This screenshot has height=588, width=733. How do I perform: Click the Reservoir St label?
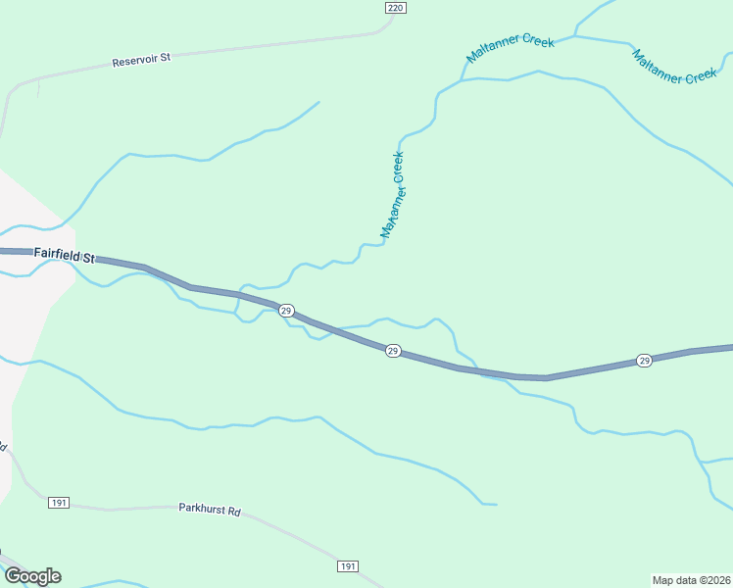[141, 59]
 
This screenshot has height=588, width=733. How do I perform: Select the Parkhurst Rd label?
[210, 510]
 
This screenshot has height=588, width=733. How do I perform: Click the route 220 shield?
[394, 8]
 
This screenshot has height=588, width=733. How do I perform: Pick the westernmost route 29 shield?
[286, 311]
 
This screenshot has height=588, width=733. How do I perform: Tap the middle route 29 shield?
[392, 351]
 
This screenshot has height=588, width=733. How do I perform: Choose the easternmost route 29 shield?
[644, 361]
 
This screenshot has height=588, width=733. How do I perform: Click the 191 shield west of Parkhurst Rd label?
[59, 503]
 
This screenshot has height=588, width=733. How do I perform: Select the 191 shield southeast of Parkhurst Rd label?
[348, 567]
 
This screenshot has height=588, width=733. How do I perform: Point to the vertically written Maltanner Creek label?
[393, 195]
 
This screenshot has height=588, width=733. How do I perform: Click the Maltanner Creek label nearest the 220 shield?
[511, 49]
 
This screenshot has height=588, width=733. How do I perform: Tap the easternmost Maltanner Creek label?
[675, 66]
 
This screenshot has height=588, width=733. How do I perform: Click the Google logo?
[32, 576]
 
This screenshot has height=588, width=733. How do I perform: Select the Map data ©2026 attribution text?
[692, 579]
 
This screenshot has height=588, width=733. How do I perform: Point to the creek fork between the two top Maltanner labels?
[575, 37]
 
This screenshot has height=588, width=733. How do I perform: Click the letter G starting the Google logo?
[13, 576]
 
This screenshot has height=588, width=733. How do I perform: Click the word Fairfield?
[56, 253]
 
